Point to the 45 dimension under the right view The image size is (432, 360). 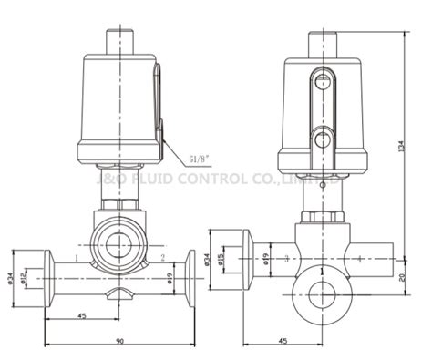(281, 342)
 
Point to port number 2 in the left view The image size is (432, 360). (162, 259)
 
